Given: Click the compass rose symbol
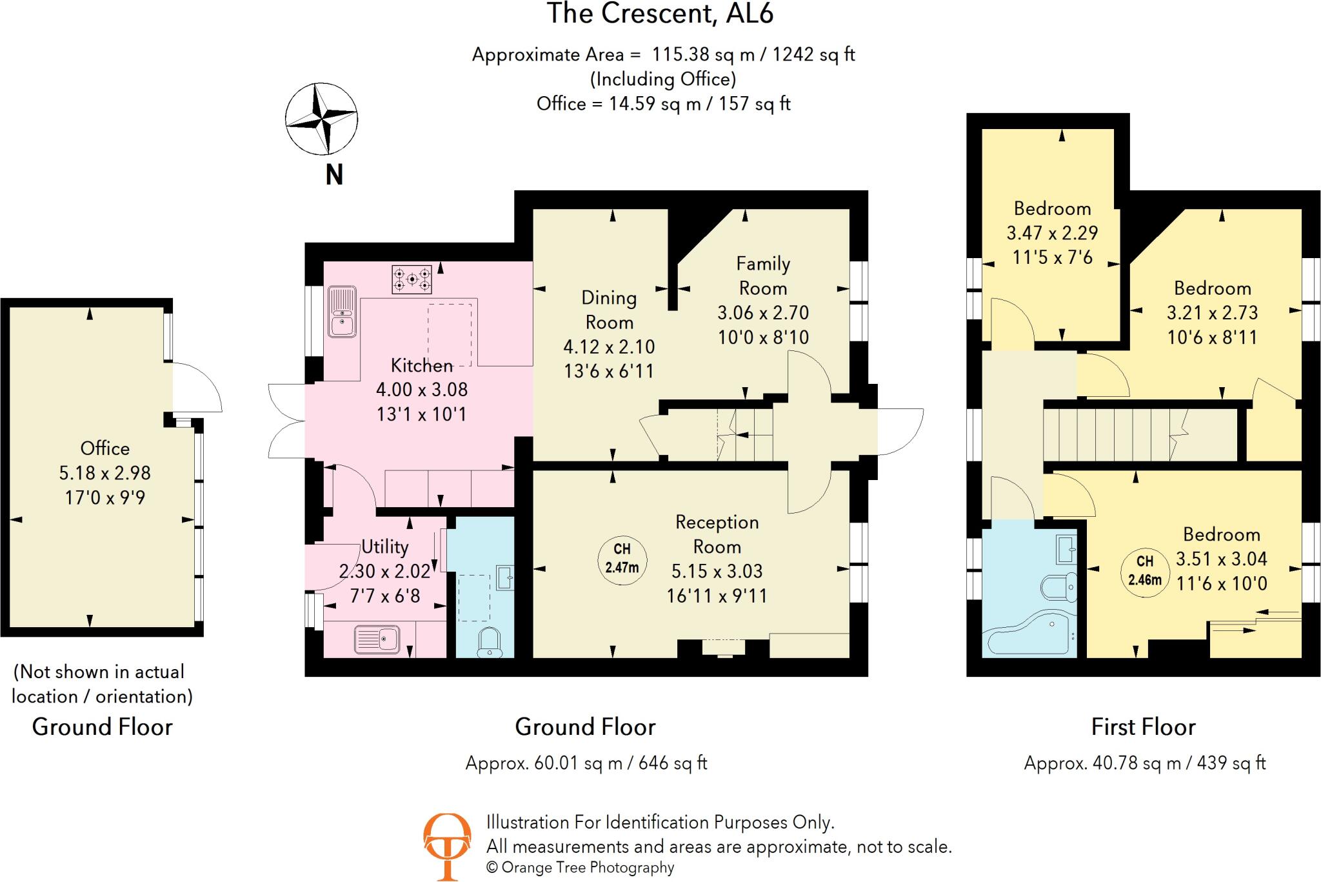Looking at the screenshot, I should click(x=321, y=119).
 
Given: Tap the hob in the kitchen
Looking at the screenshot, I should click(x=412, y=279).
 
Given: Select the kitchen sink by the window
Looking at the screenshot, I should click(x=342, y=312).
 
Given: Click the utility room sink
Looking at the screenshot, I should click(x=377, y=640).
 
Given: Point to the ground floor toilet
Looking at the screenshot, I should click(x=490, y=643).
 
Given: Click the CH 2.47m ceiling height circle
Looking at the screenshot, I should click(x=622, y=559).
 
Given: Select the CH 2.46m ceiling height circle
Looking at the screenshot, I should click(x=1144, y=571).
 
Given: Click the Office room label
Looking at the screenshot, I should click(x=105, y=448).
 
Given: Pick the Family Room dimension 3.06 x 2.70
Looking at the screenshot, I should click(x=763, y=313).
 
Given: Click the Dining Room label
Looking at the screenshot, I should click(x=609, y=310).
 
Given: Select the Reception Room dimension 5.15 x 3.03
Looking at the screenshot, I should click(x=717, y=571).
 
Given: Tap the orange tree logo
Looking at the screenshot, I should click(x=446, y=846).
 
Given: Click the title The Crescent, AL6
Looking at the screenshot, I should click(x=660, y=14).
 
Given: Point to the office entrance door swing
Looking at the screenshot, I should click(x=197, y=387).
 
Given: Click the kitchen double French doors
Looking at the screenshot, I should click(x=286, y=421).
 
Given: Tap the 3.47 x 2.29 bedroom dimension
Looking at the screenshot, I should click(x=1052, y=233).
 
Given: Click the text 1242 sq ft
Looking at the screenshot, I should click(x=813, y=54).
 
